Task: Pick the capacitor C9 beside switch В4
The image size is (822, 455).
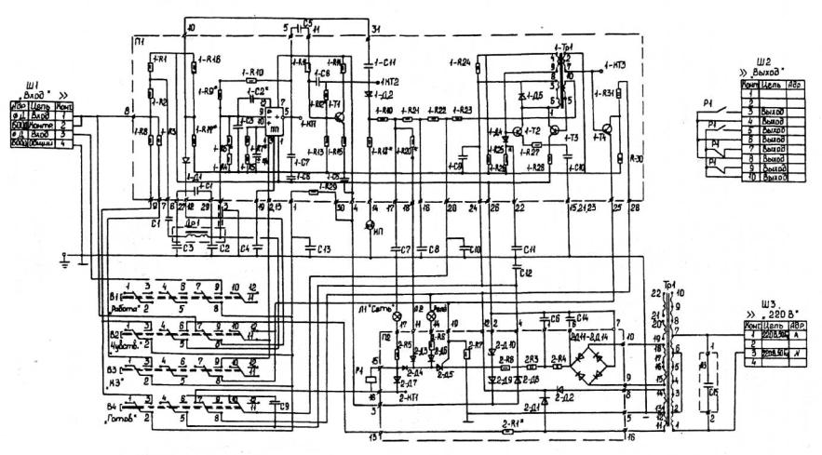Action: [282, 406]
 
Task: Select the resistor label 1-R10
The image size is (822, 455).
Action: [252, 72]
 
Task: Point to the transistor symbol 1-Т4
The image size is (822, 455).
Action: [601, 127]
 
